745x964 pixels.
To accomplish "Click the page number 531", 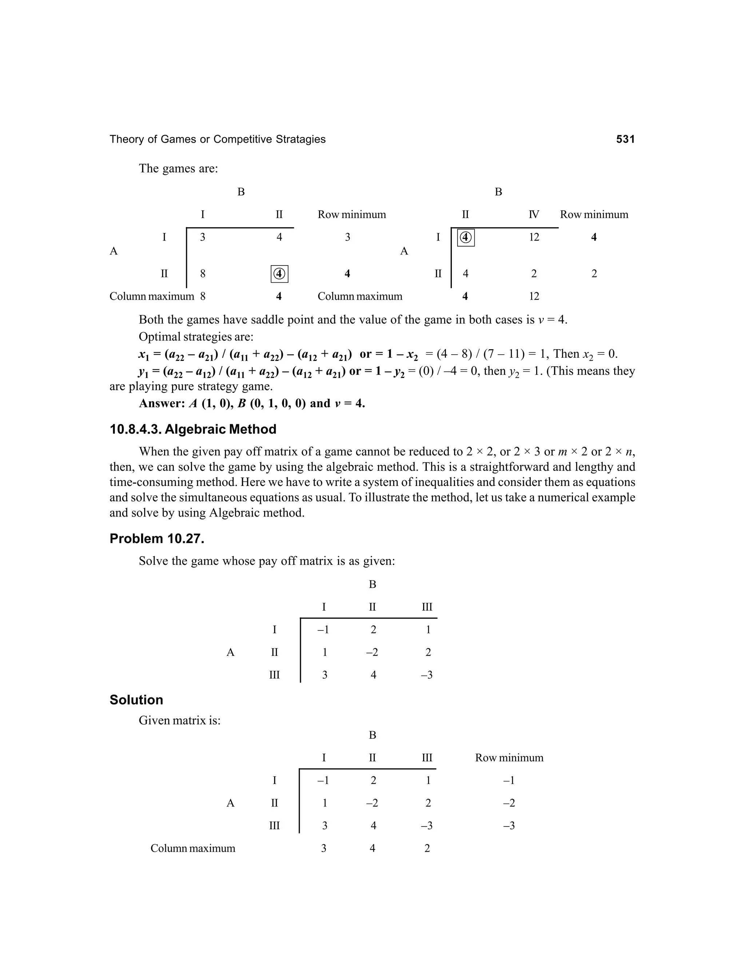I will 625,139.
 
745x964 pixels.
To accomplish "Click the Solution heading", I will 136,700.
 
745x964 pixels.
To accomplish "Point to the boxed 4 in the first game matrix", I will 279,274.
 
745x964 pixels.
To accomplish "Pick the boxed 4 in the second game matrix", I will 466,238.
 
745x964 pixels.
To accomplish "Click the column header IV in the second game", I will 534,215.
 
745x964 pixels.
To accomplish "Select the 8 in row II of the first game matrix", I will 203,274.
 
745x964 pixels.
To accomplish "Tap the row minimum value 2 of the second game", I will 594,274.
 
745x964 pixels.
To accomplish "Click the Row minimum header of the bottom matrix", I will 509,758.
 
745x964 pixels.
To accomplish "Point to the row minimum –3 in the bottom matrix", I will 509,825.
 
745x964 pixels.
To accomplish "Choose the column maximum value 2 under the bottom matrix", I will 427,848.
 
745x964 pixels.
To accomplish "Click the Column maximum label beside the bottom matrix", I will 193,848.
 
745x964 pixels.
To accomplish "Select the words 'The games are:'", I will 178,169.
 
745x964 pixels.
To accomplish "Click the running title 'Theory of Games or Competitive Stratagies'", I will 217,139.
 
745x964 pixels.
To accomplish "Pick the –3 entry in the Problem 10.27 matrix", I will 427,674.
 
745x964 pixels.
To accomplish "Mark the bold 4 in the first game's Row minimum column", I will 347,274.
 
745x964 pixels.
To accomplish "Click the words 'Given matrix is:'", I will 180,720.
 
